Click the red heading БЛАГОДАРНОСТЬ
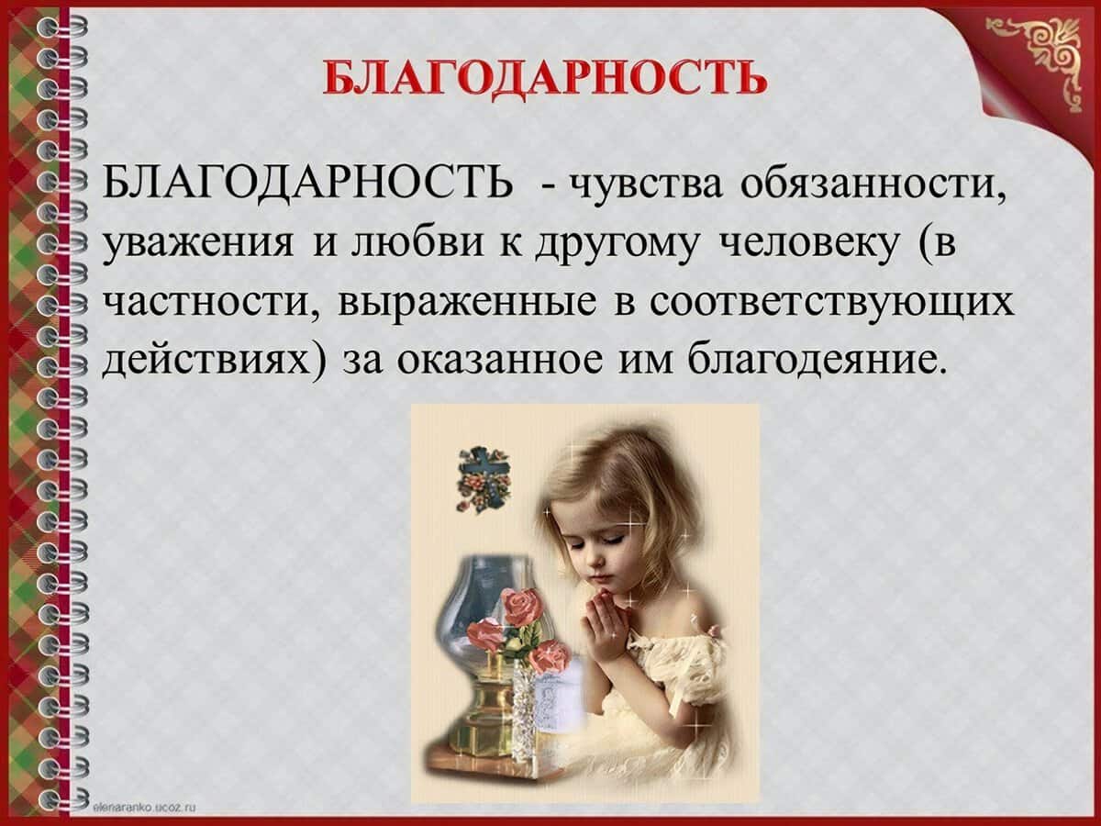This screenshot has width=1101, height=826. click(x=545, y=78)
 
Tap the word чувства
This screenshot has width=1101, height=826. click(x=647, y=185)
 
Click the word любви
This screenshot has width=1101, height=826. click(x=417, y=241)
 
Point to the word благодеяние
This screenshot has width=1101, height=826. click(x=811, y=359)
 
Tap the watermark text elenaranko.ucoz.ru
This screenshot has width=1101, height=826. click(x=144, y=808)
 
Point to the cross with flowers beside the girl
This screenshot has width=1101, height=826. click(x=484, y=479)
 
